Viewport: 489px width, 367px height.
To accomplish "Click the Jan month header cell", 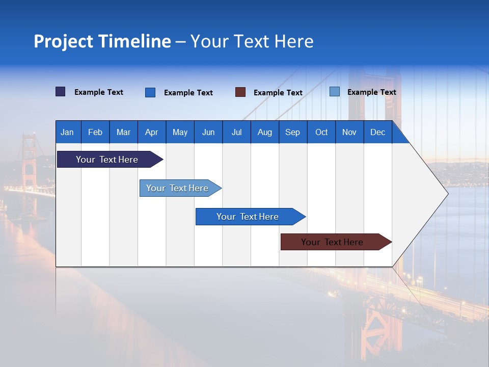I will [x=68, y=132].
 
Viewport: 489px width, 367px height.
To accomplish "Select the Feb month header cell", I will [x=95, y=132].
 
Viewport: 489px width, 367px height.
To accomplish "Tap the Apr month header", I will [x=152, y=132].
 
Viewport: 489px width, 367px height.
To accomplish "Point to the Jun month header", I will [x=208, y=132].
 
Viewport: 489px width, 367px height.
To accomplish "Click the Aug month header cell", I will [x=265, y=132].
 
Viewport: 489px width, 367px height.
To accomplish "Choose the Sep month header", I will [x=293, y=132].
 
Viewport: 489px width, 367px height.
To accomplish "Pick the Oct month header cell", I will [x=321, y=132].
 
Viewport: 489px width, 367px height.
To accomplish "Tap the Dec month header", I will [x=378, y=132].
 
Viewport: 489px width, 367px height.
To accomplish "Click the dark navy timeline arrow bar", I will [x=107, y=160].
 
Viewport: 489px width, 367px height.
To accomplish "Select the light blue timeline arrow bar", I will [x=177, y=188].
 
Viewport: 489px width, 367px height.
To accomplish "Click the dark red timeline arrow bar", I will [x=332, y=242].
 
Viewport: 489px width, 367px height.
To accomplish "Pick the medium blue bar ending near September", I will [x=248, y=217].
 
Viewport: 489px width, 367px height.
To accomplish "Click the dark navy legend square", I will [x=61, y=92].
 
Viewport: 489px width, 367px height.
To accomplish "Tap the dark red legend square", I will [x=240, y=92].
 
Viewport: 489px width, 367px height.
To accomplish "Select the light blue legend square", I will [x=335, y=92].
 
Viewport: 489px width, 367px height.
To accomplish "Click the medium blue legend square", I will [x=150, y=92].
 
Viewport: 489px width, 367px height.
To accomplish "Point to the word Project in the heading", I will [x=63, y=41].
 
